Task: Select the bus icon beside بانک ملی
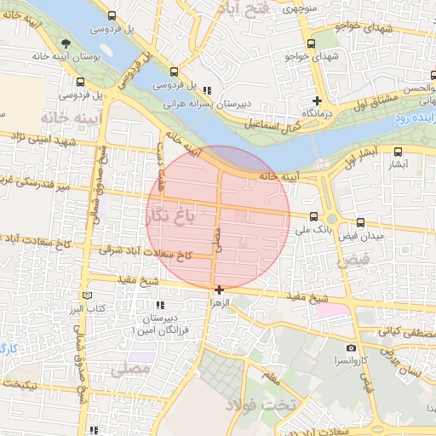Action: [314, 217]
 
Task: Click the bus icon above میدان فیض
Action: [360, 223]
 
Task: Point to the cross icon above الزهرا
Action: [220, 290]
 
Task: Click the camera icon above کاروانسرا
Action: [351, 347]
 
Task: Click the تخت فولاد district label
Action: [261, 405]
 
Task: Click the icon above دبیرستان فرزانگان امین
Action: [158, 305]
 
